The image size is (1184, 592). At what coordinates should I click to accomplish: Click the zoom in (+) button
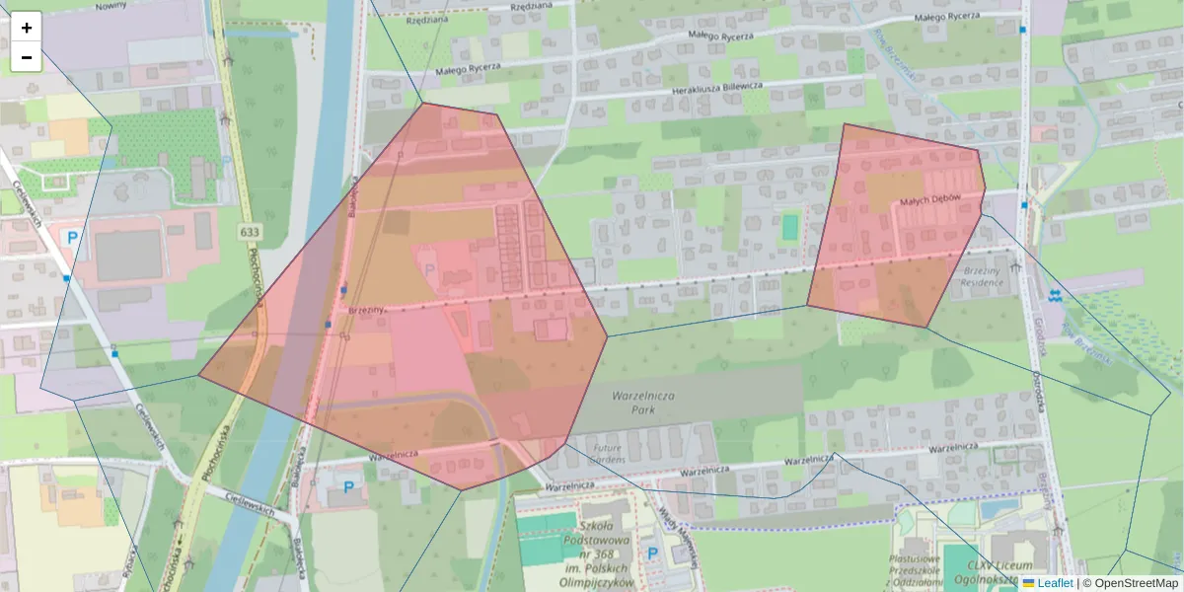(27, 28)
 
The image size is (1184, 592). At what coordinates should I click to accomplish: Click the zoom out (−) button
(27, 57)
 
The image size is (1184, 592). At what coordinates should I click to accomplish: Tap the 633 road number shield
(249, 231)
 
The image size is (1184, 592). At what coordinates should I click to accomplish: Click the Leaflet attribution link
(1054, 583)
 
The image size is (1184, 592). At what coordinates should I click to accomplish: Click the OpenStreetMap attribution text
(1136, 583)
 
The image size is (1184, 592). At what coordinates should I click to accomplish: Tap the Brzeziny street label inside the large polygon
(365, 310)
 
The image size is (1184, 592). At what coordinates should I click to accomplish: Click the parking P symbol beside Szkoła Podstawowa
(652, 553)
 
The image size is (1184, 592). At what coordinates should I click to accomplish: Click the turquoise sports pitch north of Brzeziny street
(789, 227)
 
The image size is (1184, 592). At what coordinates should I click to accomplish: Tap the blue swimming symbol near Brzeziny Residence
(1055, 294)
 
